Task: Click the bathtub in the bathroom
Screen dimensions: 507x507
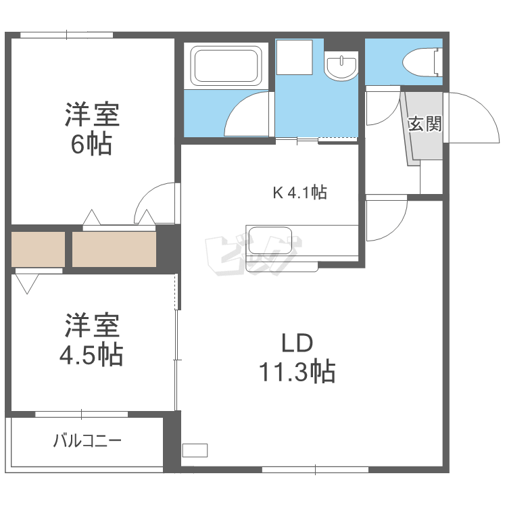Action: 226,66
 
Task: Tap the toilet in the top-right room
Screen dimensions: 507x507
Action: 420,63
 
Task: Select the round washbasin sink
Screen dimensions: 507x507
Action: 340,67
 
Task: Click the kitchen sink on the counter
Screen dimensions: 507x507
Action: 270,241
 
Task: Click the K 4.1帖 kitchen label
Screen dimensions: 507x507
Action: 299,193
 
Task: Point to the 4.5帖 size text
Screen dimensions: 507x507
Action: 93,354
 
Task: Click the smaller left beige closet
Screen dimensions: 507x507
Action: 38,249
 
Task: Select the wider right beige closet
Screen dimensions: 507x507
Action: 114,249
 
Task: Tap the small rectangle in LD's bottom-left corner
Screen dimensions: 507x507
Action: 196,450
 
